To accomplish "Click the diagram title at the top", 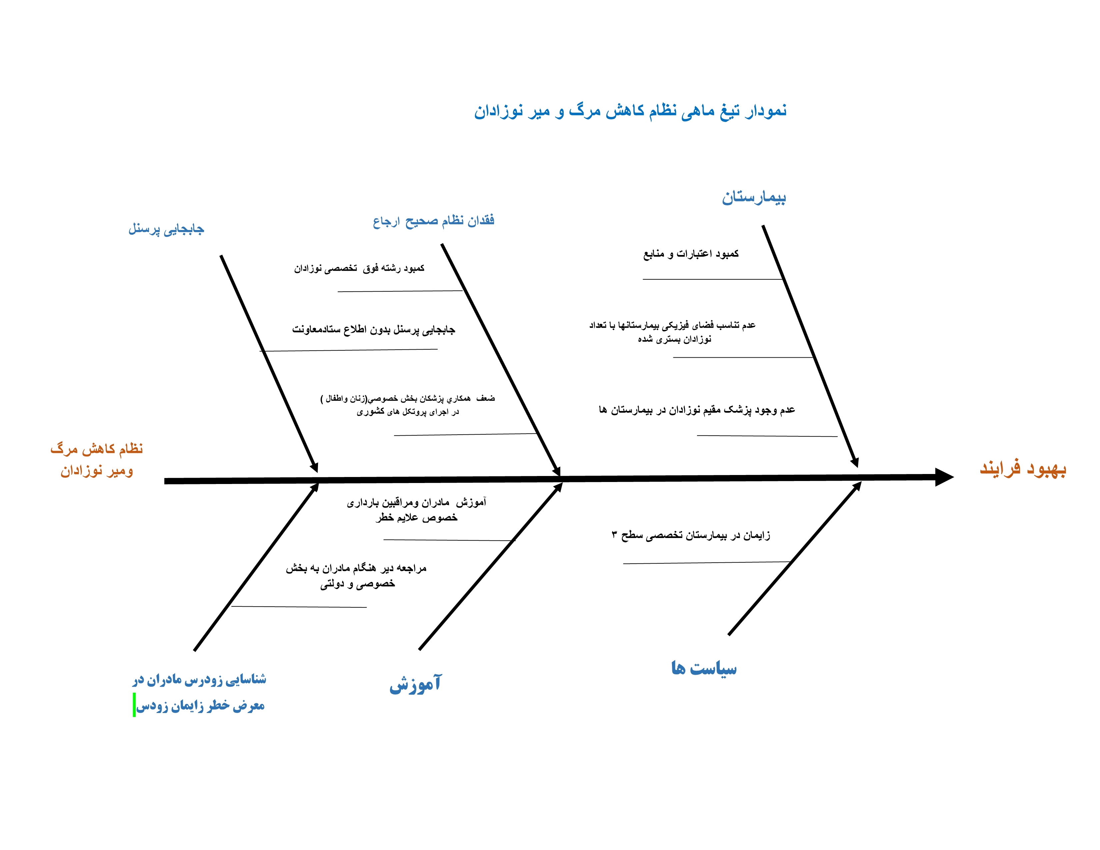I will point(630,111).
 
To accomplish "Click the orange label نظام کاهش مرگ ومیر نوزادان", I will point(97,459).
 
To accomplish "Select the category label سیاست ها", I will point(704,668).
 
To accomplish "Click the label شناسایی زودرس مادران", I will point(199,680).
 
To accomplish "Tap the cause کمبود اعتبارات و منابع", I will point(691,254).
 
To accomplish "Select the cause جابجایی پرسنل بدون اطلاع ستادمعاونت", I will point(373,330).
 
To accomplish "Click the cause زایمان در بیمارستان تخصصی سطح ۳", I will point(691,535).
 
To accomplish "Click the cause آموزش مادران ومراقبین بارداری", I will point(417,510).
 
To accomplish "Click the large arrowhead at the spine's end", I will point(943,477).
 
